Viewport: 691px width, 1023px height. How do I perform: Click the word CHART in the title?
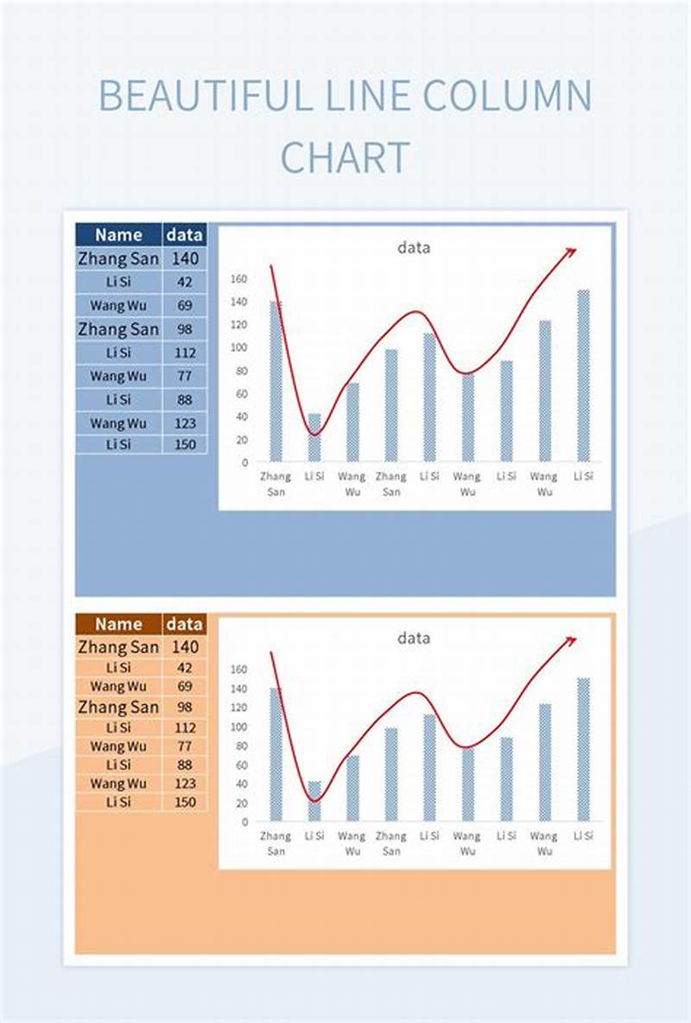[345, 158]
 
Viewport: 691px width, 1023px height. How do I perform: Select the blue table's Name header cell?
[118, 235]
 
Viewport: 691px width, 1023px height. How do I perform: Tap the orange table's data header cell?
[185, 624]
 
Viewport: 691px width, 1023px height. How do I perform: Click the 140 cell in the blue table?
[185, 257]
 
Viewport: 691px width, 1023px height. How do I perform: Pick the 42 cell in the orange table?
[185, 667]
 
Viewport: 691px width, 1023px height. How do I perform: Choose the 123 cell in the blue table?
[185, 423]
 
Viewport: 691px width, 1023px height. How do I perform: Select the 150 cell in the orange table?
[185, 802]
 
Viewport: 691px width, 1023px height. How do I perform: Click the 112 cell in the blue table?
[185, 353]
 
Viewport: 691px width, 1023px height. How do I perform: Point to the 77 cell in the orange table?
[185, 746]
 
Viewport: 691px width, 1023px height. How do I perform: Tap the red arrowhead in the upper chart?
[570, 251]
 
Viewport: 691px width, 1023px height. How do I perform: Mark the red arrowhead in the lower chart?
[570, 640]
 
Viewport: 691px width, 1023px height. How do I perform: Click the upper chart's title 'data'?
[414, 248]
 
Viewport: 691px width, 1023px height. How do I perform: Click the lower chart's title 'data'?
[414, 638]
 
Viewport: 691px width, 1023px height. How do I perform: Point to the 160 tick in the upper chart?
[239, 279]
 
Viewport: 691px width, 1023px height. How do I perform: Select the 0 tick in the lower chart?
[244, 821]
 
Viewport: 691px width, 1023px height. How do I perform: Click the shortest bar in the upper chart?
[314, 437]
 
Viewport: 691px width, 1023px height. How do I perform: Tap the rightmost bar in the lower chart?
[584, 749]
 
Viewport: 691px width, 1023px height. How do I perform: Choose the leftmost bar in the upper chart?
[276, 381]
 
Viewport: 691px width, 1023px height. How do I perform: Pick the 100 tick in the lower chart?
[239, 726]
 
